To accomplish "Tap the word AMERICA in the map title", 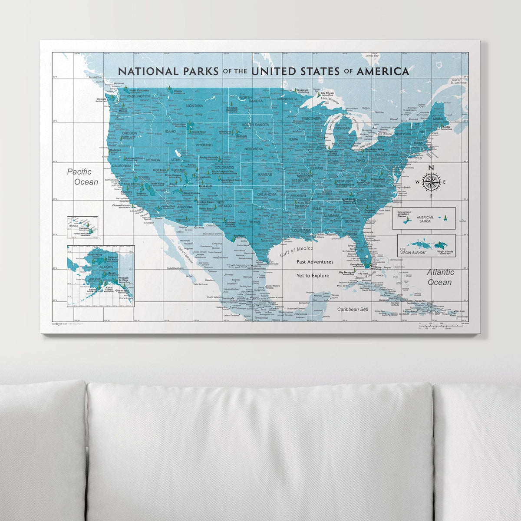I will click(383, 71).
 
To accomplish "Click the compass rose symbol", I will click(431, 182).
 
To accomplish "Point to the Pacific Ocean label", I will click(82, 177).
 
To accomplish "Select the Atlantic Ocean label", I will click(440, 277).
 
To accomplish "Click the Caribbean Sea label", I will click(353, 309).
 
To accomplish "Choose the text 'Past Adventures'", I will click(315, 262).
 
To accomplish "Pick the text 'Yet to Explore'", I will click(313, 276).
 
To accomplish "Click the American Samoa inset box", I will click(423, 218).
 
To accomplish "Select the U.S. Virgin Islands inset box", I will click(426, 246).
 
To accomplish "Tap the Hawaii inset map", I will click(82, 227).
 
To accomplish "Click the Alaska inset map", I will click(100, 276).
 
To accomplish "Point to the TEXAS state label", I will click(255, 222).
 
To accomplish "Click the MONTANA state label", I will click(194, 106).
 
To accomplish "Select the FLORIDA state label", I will click(350, 234).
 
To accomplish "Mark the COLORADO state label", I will click(224, 168).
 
